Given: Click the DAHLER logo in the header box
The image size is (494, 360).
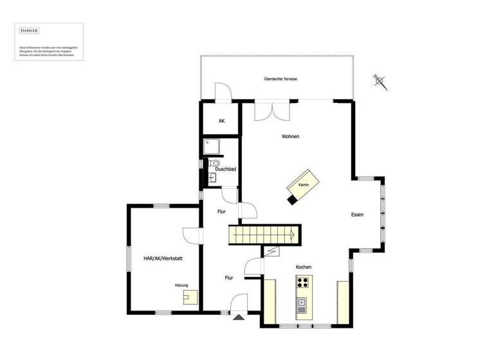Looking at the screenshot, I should click(29, 31).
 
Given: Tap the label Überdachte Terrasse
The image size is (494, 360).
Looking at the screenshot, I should click(280, 78).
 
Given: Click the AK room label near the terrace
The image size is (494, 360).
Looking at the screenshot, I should click(221, 121).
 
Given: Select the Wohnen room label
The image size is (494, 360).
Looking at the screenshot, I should click(290, 136).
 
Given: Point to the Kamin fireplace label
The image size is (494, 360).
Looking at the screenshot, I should click(304, 185).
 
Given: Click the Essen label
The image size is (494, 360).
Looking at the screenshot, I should click(358, 215).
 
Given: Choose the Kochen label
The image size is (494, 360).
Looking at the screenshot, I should click(304, 267).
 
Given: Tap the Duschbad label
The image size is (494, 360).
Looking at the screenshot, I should click(225, 169).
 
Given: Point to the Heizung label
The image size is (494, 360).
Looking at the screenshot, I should click(181, 285).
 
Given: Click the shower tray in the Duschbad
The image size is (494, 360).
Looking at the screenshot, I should click(212, 148).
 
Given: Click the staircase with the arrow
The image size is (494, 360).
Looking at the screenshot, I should click(264, 235).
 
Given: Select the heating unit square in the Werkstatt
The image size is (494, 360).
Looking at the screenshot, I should click(190, 297).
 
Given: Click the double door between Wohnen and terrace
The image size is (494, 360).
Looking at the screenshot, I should click(273, 110).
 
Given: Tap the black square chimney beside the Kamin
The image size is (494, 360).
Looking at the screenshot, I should click(293, 199).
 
